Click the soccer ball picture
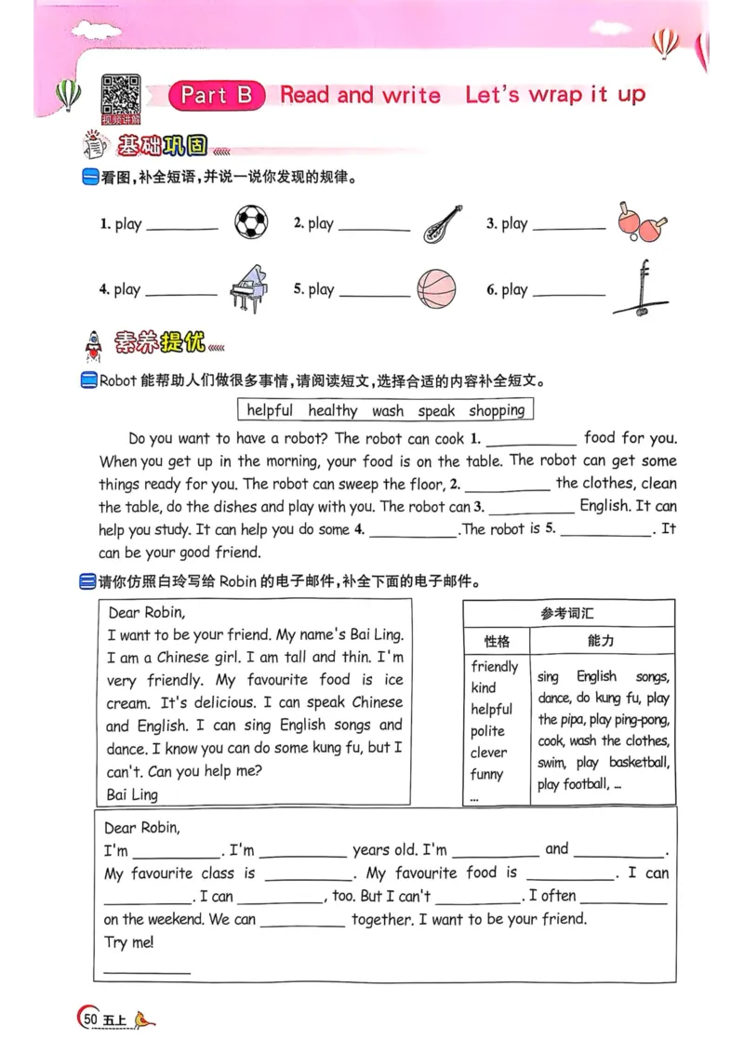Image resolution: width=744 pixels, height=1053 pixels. [251, 222]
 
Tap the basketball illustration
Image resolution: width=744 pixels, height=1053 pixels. [436, 288]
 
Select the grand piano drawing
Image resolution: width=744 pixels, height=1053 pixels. [248, 289]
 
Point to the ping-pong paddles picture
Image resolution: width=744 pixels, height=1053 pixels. [641, 222]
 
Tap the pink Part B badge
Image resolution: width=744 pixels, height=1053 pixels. [217, 95]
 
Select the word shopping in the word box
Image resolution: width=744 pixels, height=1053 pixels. [496, 410]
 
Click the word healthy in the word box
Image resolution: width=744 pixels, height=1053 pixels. [332, 410]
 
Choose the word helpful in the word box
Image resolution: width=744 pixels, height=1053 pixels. [270, 410]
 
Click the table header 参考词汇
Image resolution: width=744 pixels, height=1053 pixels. [568, 613]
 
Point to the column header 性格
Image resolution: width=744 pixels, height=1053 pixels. [497, 641]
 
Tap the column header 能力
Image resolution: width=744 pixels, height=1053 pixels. [601, 641]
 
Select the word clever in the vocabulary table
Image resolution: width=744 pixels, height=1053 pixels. [489, 753]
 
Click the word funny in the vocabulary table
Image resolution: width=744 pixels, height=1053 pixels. [486, 774]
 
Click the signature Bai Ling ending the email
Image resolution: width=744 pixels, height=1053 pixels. [133, 794]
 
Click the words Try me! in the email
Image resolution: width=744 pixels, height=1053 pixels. [129, 942]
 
